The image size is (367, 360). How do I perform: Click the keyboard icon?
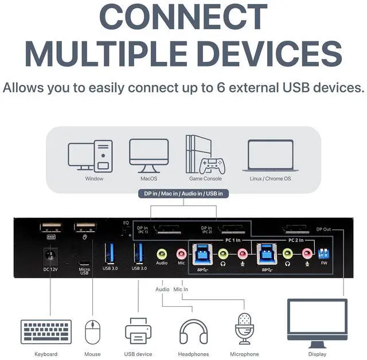(46, 332)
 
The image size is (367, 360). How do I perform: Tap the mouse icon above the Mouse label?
(92, 331)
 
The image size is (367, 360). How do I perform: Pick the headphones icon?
(193, 331)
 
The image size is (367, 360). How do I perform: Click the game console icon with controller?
(205, 155)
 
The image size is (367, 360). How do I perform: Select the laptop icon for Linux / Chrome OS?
(270, 155)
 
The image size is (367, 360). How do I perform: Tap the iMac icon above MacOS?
(149, 155)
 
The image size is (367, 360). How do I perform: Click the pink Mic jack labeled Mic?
(181, 252)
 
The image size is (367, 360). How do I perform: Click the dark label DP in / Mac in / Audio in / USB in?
(183, 194)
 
